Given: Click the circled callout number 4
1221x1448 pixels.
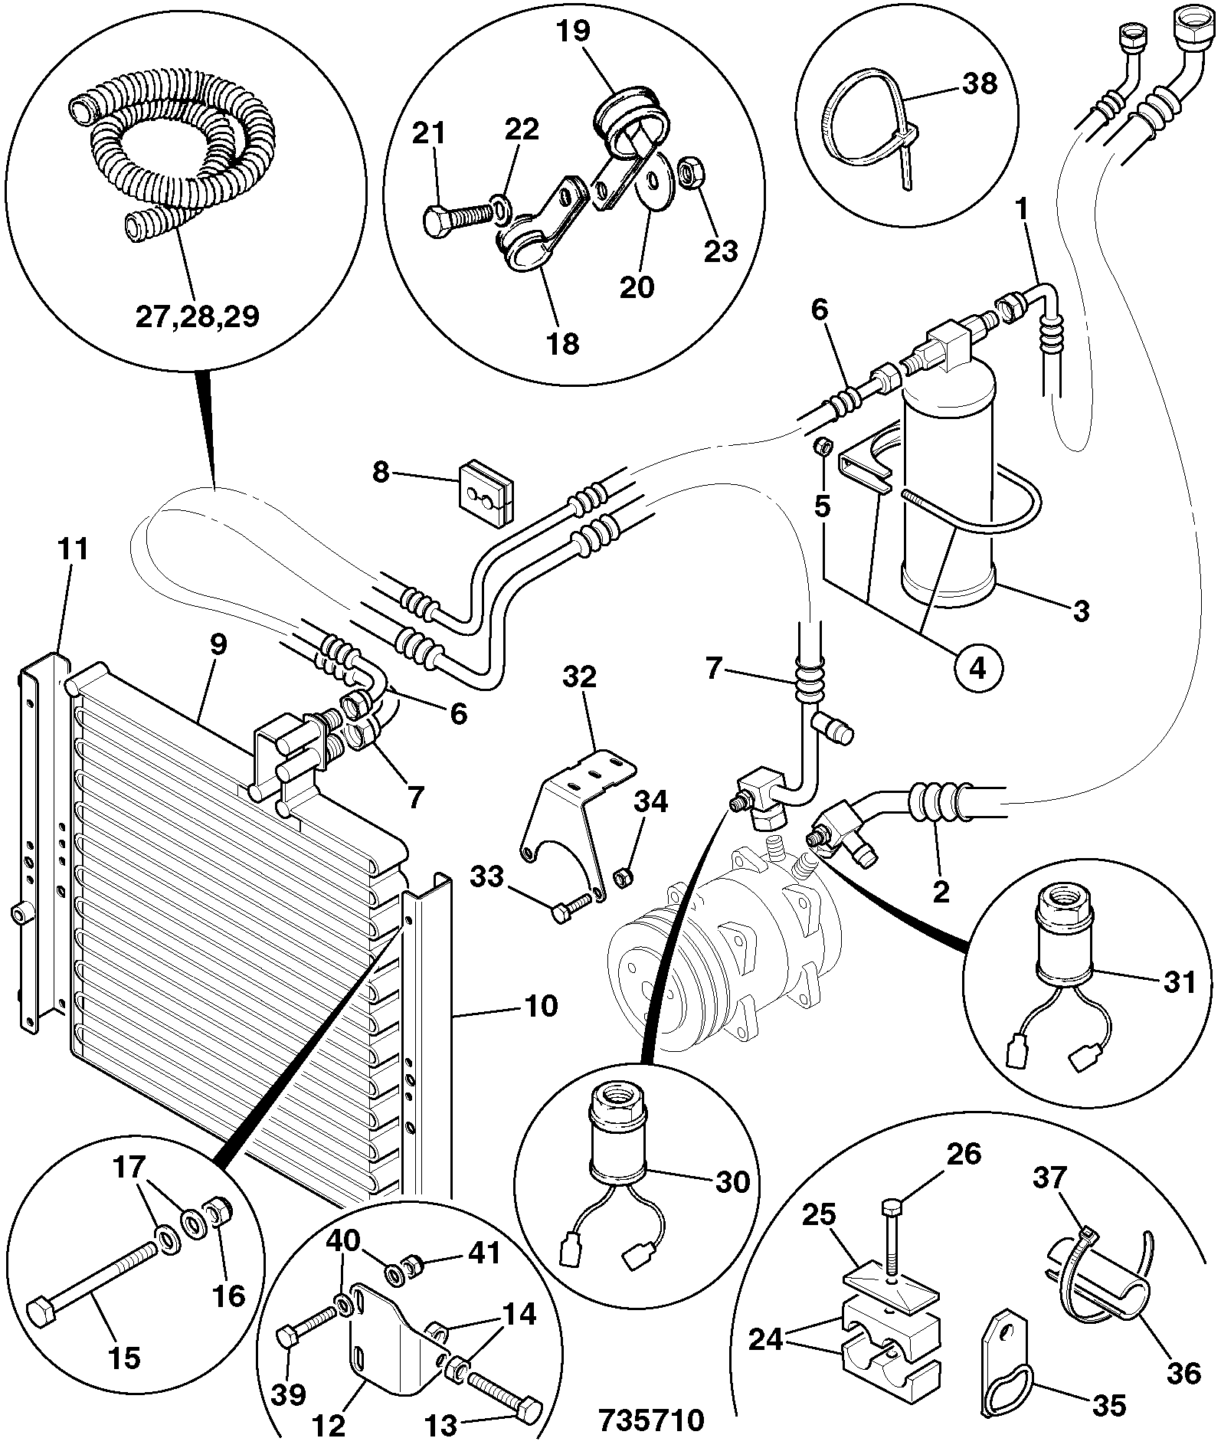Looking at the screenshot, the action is tap(978, 667).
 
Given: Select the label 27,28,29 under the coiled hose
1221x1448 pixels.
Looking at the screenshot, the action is tap(198, 316).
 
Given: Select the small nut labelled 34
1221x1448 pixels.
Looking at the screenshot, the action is tap(625, 875).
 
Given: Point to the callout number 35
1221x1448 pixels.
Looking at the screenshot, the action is tap(1108, 1405).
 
